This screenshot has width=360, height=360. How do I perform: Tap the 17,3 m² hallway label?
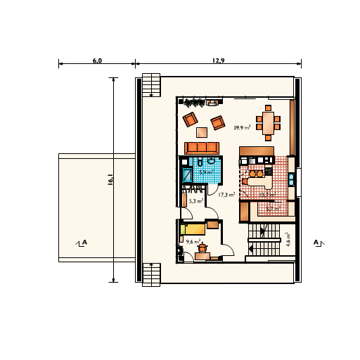point(226,195)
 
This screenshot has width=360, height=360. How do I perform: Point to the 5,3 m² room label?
point(196,201)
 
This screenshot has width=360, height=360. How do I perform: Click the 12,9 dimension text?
point(218,60)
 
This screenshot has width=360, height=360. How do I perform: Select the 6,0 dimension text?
point(97,60)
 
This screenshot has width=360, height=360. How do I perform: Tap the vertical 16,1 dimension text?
point(110,180)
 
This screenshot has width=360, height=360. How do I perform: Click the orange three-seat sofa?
point(202,148)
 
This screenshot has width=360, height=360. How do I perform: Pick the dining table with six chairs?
point(268,123)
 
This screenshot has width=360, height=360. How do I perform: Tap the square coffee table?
point(202,131)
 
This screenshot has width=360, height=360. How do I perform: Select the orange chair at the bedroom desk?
point(202,248)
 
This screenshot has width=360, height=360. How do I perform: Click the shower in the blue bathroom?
point(186,174)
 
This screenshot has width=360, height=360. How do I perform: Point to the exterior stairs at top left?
point(151,85)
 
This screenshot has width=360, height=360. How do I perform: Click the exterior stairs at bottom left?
point(151,274)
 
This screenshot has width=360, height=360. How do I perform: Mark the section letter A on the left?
point(84,243)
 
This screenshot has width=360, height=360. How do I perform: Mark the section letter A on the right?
point(316,243)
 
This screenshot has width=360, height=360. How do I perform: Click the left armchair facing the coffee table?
point(190,120)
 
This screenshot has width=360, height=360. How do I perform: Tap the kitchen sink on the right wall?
point(292,179)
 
